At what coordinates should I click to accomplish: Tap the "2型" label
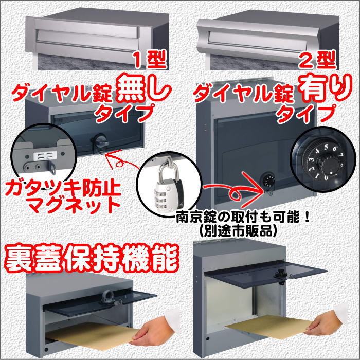click(317, 60)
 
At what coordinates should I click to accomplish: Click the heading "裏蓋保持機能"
click(92, 258)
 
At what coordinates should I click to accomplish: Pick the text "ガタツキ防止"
click(63, 188)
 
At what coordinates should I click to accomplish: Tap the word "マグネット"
click(74, 206)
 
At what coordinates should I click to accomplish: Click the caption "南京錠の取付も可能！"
click(243, 217)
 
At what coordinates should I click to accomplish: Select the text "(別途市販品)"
click(238, 231)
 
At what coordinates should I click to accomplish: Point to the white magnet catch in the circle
click(45, 156)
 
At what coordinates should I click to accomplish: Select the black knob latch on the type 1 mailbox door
click(100, 141)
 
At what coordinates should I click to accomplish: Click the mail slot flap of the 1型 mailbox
click(87, 38)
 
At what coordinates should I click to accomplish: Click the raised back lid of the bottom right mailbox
click(265, 277)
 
